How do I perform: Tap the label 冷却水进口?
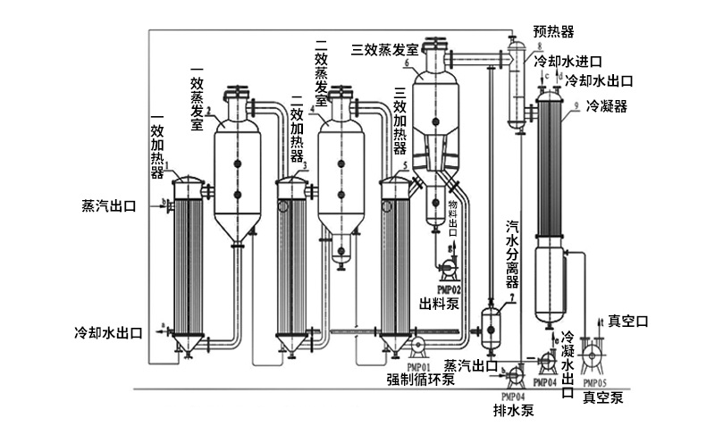point(571,63)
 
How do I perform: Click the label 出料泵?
point(440,305)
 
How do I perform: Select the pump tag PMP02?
point(448,289)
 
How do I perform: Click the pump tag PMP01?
point(418,365)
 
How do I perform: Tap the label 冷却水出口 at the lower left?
point(108,331)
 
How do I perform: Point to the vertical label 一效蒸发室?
point(198,96)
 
